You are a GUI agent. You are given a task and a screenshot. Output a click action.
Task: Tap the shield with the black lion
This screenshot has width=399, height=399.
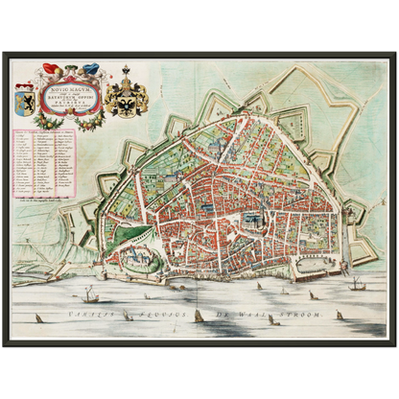[24, 100]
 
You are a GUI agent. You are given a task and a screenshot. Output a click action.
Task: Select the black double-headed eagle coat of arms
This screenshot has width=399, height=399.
[126, 100]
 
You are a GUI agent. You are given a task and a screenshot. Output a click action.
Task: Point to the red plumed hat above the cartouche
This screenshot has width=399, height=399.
[52, 68]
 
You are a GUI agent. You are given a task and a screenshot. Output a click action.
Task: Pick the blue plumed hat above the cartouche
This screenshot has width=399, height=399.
[91, 68]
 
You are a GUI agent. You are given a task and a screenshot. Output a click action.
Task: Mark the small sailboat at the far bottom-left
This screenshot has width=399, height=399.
[37, 317]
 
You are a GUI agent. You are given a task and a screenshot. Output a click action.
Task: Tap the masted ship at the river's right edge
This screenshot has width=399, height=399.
[358, 283]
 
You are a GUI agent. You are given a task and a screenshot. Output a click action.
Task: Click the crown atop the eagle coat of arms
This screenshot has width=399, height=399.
[126, 71]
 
